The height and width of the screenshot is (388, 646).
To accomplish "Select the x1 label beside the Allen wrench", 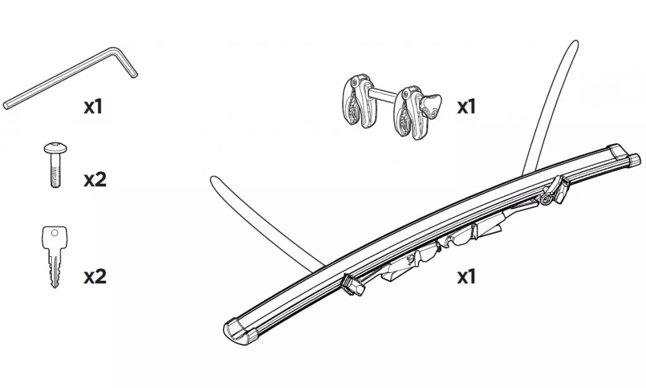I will click(94, 107).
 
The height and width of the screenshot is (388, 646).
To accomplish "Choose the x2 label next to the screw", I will click(94, 179).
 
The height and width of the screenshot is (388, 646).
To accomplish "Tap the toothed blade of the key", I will click(55, 268).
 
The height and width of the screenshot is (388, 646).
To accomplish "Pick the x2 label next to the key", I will click(94, 277).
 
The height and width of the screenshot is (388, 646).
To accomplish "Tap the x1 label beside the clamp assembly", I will click(466, 107).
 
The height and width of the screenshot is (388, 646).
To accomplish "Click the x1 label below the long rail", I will click(466, 277).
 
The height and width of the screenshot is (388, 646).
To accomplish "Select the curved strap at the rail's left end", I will click(258, 213).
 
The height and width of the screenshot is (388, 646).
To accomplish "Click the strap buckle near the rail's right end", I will click(555, 192).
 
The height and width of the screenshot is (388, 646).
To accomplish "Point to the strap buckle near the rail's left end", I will click(351, 284).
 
